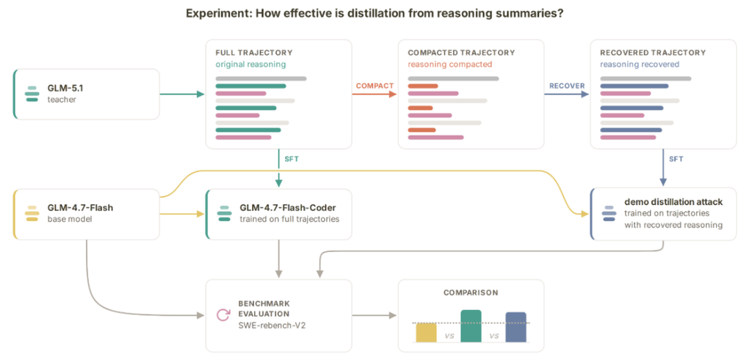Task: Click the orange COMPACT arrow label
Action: click(x=375, y=86)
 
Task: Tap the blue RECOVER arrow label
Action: click(x=567, y=86)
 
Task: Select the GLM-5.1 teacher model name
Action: click(x=65, y=88)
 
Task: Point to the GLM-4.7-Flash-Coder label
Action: click(x=288, y=209)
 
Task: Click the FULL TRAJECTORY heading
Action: click(x=253, y=53)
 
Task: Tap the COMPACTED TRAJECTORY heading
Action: click(x=461, y=53)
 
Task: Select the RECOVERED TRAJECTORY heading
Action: click(x=653, y=53)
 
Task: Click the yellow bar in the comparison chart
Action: click(x=426, y=333)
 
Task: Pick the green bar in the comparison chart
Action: click(x=471, y=326)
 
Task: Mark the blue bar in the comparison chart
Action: click(x=516, y=328)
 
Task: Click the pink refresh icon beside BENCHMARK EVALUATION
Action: click(x=223, y=315)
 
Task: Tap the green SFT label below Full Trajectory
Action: click(x=292, y=159)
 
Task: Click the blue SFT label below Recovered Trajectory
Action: click(x=676, y=159)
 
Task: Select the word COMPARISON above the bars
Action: click(x=471, y=292)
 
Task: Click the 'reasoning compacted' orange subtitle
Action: click(x=450, y=65)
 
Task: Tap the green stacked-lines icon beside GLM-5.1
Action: click(x=32, y=94)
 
